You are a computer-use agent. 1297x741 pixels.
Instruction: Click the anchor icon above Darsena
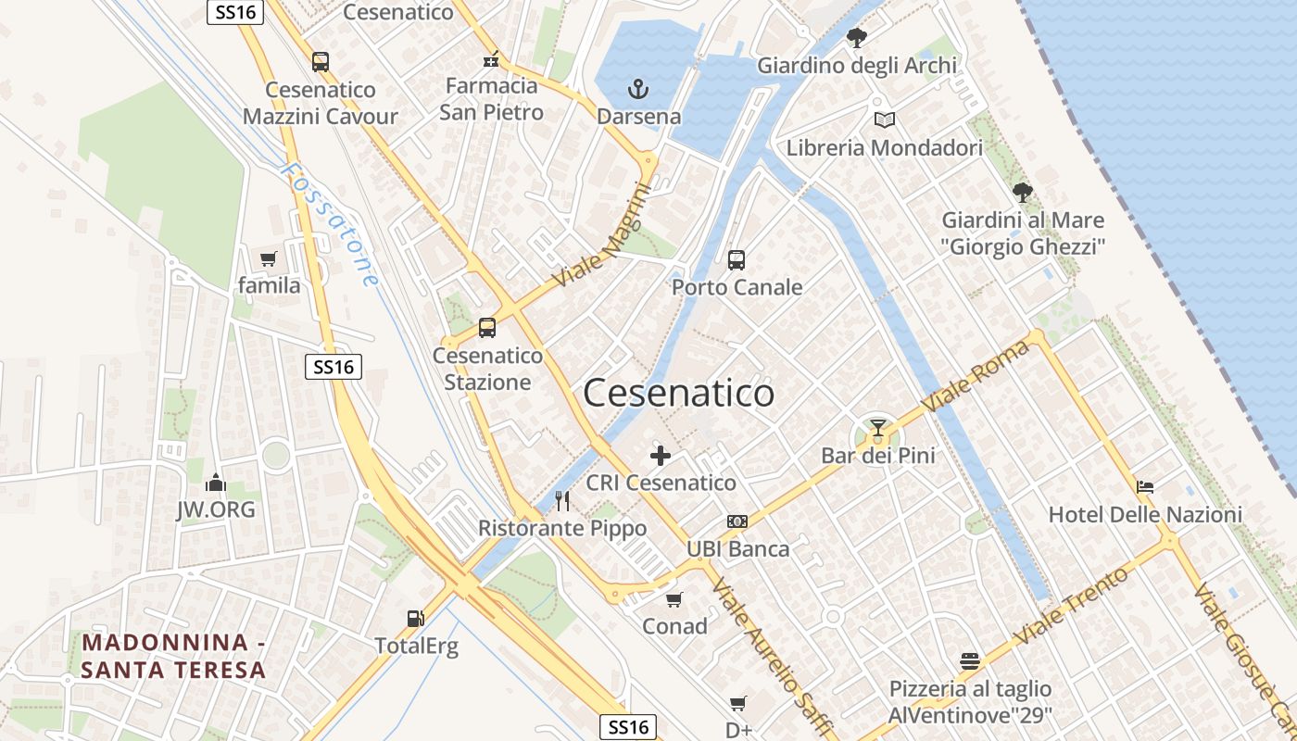coord(638,90)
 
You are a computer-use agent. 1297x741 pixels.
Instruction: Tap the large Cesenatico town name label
coord(679,394)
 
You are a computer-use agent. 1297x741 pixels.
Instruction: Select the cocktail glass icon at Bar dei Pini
coord(878,428)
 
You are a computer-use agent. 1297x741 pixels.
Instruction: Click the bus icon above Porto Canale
coord(737,260)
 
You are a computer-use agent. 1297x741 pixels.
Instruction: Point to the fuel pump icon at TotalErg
coord(415,619)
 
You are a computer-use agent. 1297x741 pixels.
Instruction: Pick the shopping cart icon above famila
coord(269,258)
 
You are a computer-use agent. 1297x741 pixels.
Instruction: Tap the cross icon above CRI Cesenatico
coord(661,455)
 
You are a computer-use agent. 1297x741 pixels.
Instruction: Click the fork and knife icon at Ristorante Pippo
coord(562,501)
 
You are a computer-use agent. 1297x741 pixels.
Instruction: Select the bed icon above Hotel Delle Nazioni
coord(1145,486)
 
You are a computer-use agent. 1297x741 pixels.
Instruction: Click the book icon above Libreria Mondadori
coord(885,119)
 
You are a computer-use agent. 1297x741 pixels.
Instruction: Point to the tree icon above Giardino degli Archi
coord(857,38)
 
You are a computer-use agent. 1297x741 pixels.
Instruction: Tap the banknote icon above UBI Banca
coord(737,521)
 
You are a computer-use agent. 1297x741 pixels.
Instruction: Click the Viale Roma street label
coord(976,378)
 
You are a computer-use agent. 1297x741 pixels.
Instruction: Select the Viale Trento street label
coord(1072,607)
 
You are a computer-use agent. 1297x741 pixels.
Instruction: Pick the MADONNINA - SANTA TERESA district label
coord(174,656)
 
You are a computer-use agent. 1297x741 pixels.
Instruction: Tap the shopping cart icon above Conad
coord(674,599)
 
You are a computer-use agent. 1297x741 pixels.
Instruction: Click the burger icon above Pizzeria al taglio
coord(970,661)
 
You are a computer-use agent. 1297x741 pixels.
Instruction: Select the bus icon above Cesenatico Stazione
coord(487,328)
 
